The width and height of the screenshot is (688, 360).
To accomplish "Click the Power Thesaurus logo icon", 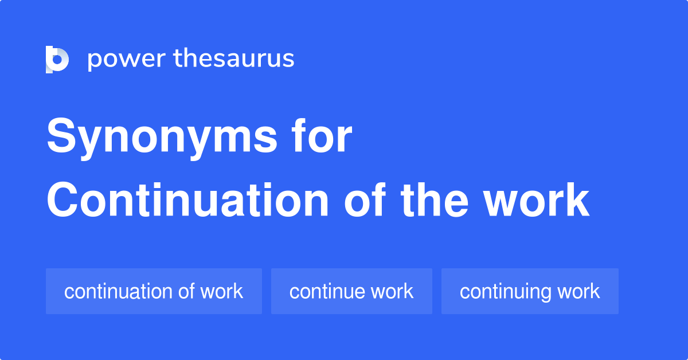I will [57, 59].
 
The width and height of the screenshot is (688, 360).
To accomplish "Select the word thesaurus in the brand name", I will [234, 59].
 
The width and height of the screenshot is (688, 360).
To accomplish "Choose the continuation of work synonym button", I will [154, 291].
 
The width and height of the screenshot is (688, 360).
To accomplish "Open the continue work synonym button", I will [351, 291].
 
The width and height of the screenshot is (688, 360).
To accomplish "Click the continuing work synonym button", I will [530, 291].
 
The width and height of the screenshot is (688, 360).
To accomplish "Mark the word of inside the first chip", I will [186, 291].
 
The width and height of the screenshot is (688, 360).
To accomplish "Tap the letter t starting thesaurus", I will [178, 59].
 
